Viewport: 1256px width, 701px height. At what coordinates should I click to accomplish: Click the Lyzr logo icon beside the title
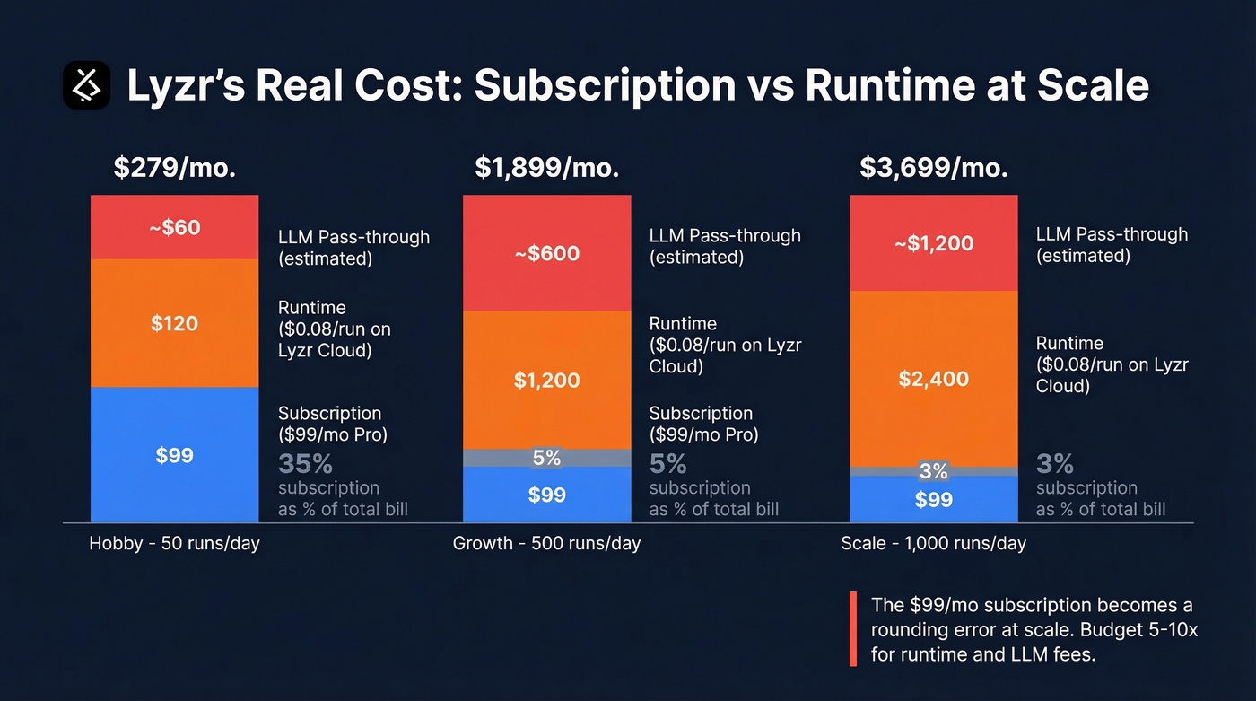(x=87, y=85)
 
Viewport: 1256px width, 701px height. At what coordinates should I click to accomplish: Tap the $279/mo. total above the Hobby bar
(x=174, y=168)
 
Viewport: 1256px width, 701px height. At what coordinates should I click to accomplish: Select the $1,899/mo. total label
(x=547, y=168)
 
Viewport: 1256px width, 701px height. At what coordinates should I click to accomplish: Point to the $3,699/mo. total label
(x=934, y=168)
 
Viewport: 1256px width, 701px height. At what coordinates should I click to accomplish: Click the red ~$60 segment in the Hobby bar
(x=174, y=227)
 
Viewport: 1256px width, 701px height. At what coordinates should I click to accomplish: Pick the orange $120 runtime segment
(x=174, y=323)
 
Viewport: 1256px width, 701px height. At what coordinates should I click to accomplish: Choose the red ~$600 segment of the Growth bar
(x=547, y=253)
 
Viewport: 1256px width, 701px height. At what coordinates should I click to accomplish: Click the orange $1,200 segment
(x=547, y=380)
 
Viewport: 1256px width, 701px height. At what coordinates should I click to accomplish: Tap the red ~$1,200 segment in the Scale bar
(x=934, y=243)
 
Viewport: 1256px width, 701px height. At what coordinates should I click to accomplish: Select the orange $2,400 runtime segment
(x=934, y=379)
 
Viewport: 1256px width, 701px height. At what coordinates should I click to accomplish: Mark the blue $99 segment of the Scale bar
(x=934, y=499)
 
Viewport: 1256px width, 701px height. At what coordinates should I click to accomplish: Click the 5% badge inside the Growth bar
(x=547, y=458)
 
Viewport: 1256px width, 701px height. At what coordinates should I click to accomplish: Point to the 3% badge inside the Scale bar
(x=934, y=471)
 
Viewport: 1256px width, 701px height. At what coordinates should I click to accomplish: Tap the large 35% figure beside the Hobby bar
(x=305, y=464)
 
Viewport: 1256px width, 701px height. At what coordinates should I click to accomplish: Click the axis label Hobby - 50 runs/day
(x=174, y=543)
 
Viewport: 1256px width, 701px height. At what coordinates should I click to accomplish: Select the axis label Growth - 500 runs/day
(x=546, y=543)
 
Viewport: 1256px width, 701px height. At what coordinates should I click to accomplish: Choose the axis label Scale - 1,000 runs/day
(x=933, y=543)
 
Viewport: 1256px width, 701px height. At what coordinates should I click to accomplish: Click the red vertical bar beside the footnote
(x=852, y=629)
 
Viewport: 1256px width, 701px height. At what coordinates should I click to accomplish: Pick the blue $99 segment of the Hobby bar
(x=174, y=455)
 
